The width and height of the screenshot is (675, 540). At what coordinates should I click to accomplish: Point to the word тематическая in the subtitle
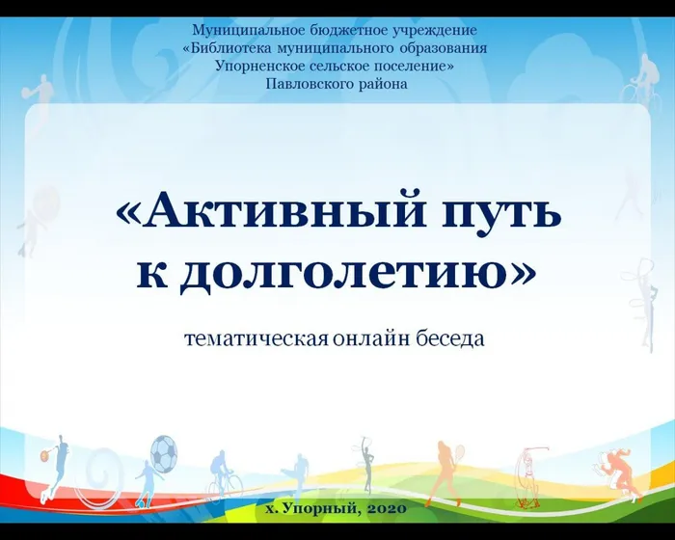[256, 339]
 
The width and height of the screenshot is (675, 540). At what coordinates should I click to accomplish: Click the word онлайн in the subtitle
[377, 339]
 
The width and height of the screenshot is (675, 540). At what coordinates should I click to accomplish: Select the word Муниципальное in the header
[248, 30]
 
